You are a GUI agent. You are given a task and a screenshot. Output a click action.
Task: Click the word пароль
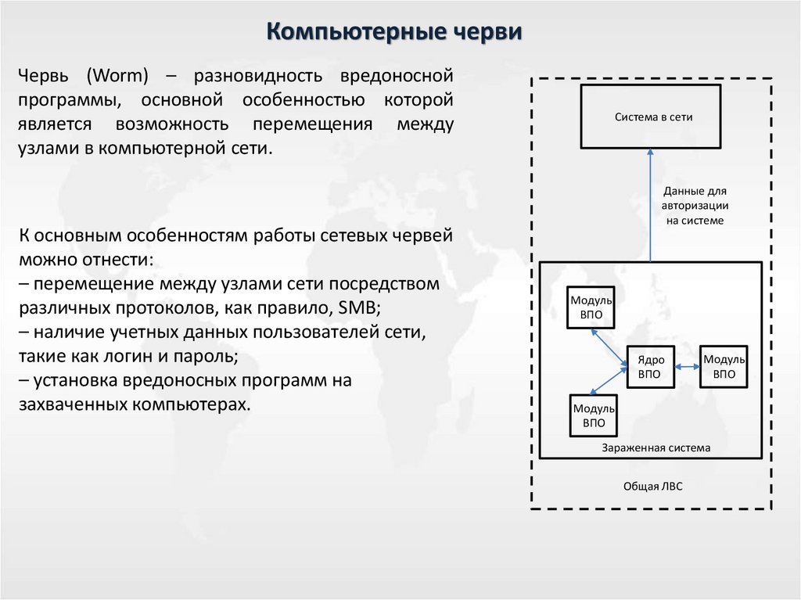click(x=208, y=356)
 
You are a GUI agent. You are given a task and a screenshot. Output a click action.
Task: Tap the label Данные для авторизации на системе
click(x=695, y=206)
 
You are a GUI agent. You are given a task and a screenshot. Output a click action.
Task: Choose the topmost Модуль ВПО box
click(x=591, y=307)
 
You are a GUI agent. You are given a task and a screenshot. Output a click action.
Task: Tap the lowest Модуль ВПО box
click(x=594, y=415)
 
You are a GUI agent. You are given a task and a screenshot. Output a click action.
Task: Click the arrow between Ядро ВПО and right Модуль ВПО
click(x=686, y=367)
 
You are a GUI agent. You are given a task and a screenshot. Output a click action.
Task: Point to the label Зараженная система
click(x=656, y=448)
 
